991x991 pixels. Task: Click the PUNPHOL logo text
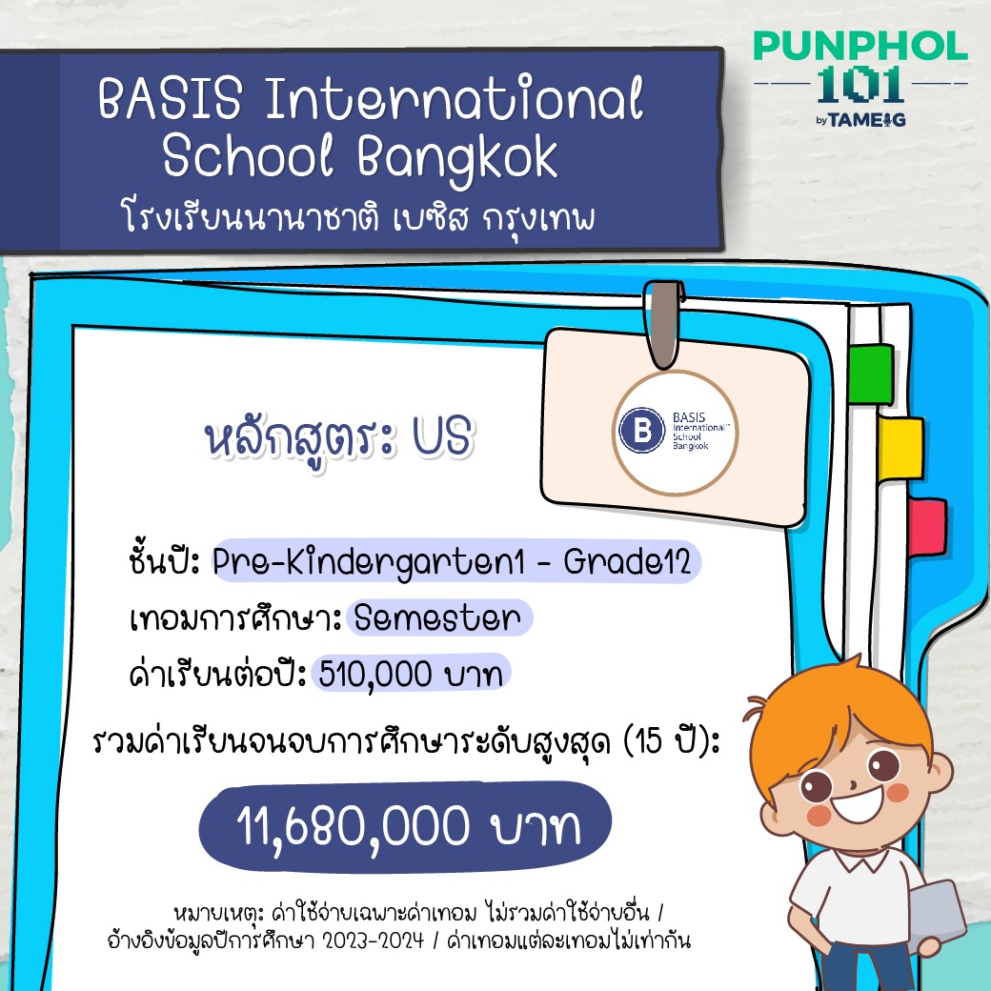(860, 46)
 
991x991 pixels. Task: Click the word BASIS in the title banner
(170, 98)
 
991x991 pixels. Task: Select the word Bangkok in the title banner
(457, 157)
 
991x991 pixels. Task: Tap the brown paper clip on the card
(663, 324)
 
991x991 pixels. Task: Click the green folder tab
(872, 374)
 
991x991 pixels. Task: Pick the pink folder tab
(927, 527)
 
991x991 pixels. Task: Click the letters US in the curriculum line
(442, 436)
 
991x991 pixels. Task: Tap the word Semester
(437, 617)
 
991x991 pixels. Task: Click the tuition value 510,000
(375, 674)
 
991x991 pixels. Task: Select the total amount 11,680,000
(354, 827)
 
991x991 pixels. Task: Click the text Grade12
(627, 561)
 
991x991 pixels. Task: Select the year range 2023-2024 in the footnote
(373, 941)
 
